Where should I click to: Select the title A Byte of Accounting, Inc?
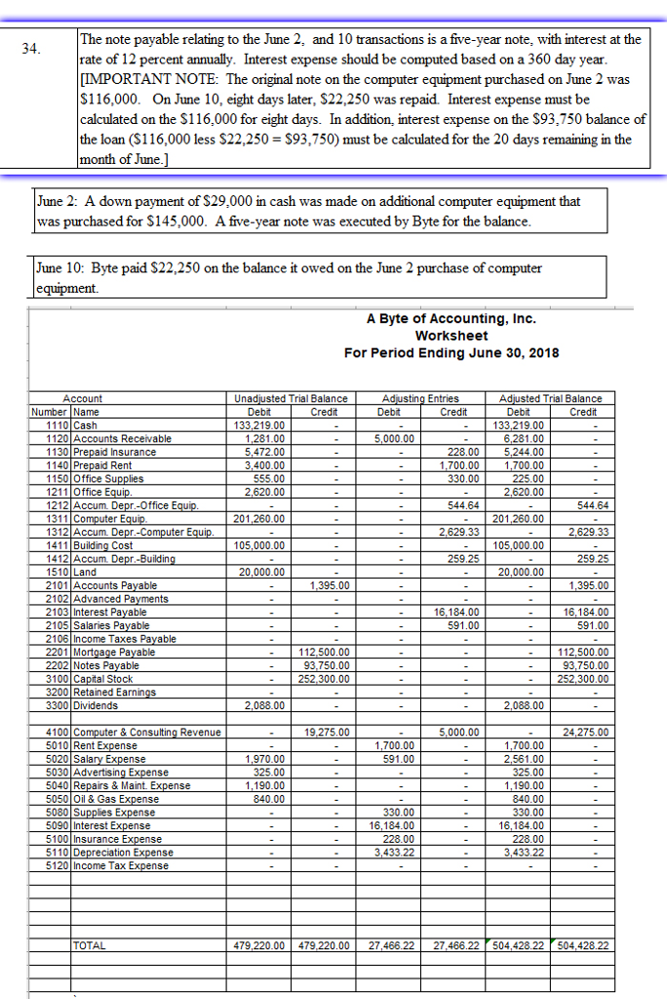click(451, 319)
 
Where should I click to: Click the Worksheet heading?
click(451, 336)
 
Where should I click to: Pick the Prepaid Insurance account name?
click(114, 452)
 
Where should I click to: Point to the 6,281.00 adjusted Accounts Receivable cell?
click(528, 438)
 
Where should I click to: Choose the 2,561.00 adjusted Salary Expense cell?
click(528, 758)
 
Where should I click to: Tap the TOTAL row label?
click(90, 945)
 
